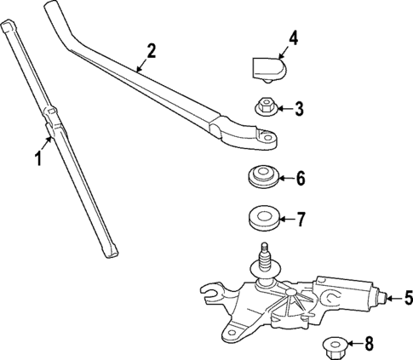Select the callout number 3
(300, 108)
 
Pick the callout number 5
(407, 298)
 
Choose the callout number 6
(300, 180)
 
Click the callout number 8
(369, 345)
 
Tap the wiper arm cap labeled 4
(267, 67)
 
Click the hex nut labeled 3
(264, 108)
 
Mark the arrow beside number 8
(355, 345)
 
